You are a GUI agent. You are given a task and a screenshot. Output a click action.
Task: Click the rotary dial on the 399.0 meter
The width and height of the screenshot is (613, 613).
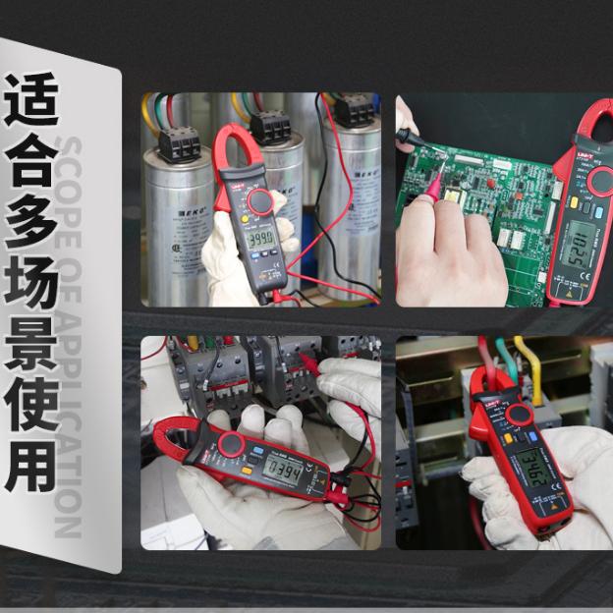tap(259, 201)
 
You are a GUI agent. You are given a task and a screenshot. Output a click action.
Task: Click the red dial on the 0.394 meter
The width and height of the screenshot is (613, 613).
tap(231, 445)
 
